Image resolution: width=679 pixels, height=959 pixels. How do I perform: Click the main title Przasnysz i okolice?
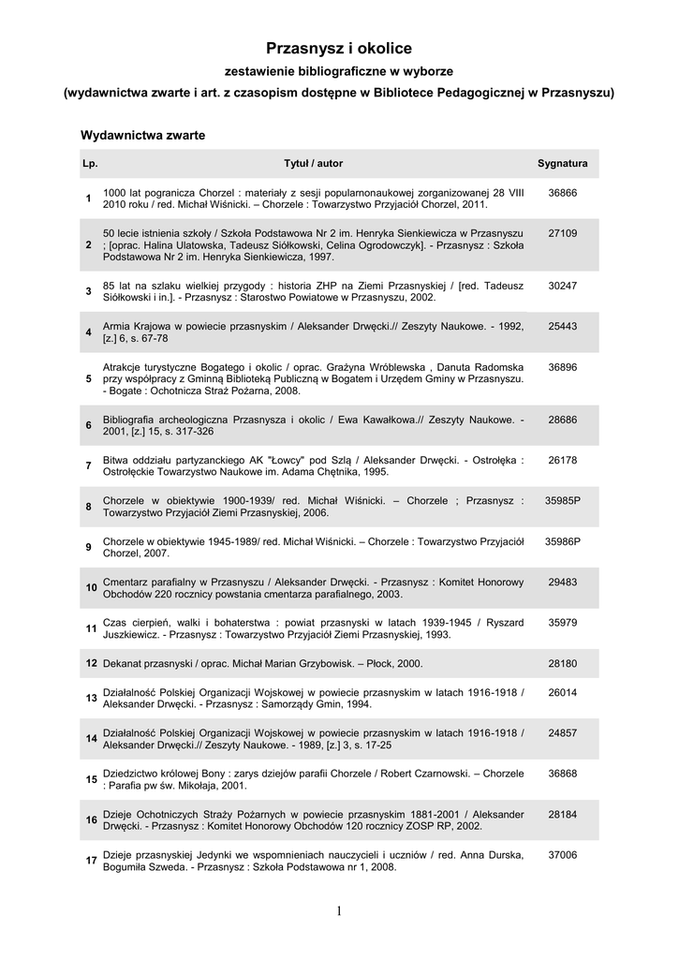point(339,48)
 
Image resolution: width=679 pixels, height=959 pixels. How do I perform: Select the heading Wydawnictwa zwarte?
point(143,135)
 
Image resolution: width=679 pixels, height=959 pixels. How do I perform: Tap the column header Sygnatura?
point(562,163)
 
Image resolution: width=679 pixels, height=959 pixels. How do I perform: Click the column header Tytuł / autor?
point(314,163)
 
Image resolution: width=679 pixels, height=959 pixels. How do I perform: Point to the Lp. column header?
point(90,163)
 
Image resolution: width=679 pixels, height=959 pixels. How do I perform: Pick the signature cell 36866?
point(562,191)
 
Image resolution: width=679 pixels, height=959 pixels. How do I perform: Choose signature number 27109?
point(562,232)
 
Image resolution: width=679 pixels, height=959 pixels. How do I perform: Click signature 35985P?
point(563,500)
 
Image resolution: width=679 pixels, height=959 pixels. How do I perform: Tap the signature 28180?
point(562,663)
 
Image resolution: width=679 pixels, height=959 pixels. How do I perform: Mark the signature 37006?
point(562,854)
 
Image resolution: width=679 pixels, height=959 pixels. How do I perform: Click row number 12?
point(91,663)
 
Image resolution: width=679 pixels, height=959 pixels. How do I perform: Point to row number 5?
point(88,378)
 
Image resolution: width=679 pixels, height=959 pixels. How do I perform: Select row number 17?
point(91,861)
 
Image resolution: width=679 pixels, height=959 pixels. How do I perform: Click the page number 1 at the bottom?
point(339,911)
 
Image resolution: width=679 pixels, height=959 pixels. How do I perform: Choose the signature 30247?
point(562,285)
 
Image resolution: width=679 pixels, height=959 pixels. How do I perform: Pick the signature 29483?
point(562,582)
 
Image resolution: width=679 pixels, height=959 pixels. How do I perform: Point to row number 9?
point(88,547)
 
